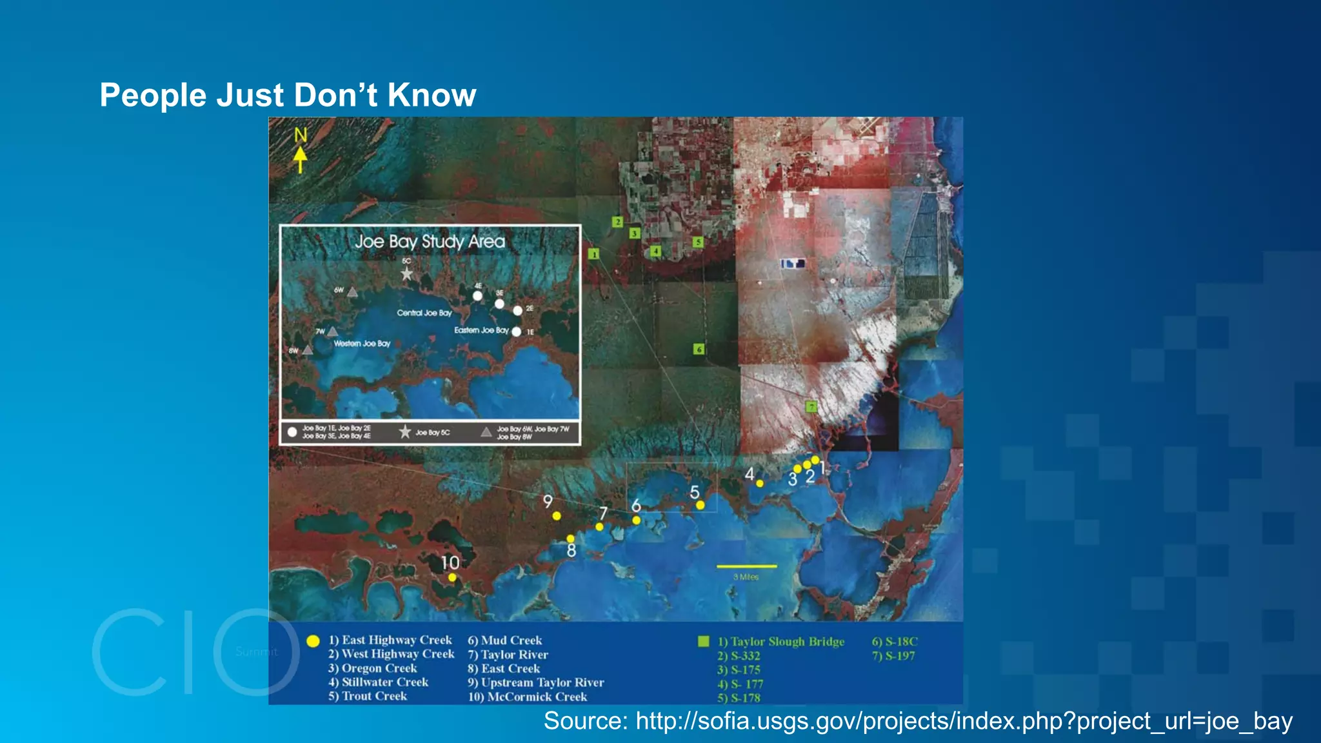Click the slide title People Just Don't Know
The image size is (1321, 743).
[288, 95]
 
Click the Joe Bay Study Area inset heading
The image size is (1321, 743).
[430, 241]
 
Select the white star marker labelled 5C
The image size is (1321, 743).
[406, 274]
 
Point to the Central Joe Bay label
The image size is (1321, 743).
[424, 313]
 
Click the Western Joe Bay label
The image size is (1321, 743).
[362, 344]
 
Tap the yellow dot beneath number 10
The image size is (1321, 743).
[452, 578]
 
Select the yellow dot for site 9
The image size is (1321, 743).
[557, 516]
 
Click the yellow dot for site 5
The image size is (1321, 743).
[700, 506]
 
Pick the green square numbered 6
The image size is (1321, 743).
[699, 349]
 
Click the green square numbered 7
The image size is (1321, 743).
[811, 406]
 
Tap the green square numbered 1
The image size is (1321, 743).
[594, 254]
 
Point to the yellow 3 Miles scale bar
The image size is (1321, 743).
[746, 566]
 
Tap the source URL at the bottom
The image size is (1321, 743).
[918, 721]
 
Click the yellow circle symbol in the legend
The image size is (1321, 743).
[313, 641]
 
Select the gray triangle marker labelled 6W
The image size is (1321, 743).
[352, 292]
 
